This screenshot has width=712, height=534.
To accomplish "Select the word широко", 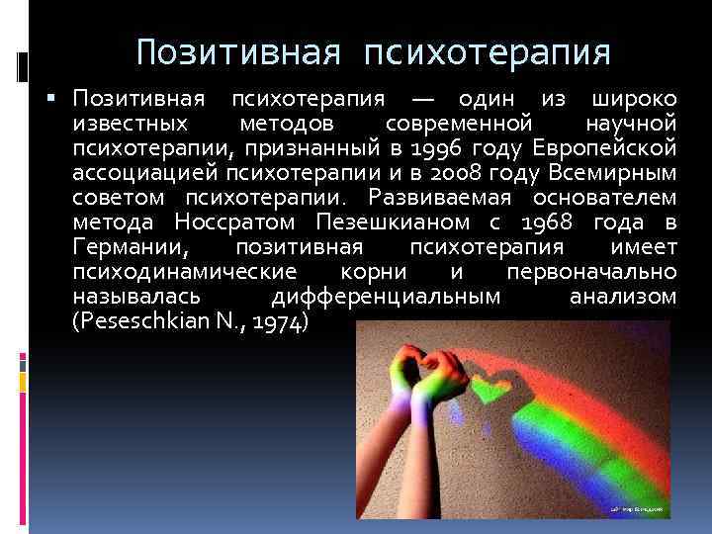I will click(633, 100).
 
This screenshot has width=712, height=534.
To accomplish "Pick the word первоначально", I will click(591, 271).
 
